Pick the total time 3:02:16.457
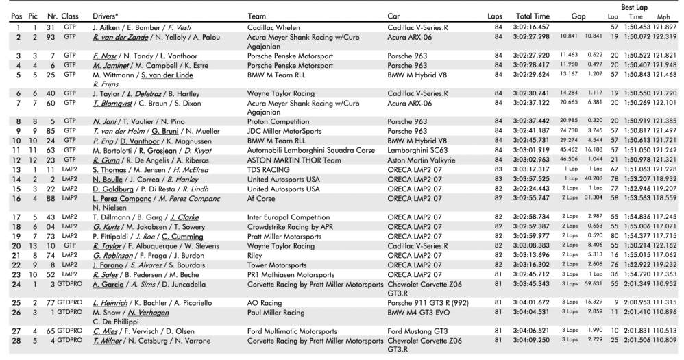pyautogui.click(x=531, y=26)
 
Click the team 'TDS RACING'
pyautogui.click(x=269, y=188)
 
